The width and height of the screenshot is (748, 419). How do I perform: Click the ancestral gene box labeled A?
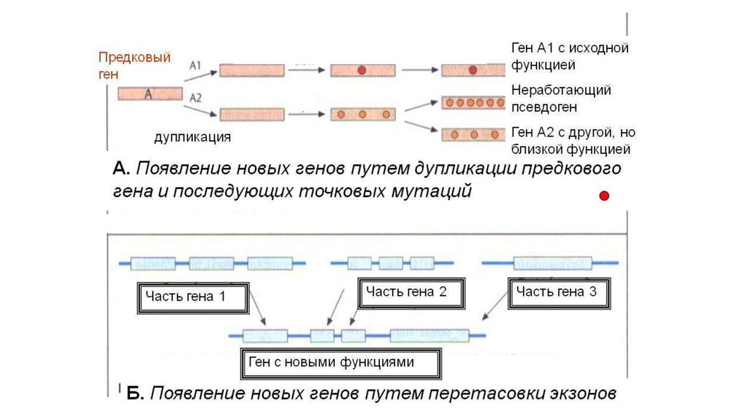coord(149,93)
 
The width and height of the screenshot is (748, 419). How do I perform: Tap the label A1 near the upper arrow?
coord(196,65)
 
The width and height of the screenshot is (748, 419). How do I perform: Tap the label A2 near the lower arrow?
coord(196,97)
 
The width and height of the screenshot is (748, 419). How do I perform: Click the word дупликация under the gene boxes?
coord(193,137)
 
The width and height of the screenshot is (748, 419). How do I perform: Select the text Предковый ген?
coord(134,65)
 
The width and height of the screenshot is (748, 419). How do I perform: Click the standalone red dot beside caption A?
coord(604,196)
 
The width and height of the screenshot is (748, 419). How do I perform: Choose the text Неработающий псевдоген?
coord(561,99)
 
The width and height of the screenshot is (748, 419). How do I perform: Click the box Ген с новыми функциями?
coord(340,362)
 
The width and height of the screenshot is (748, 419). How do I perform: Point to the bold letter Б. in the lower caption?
coord(134,393)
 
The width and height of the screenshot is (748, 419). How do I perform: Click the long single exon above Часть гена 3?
coord(552,263)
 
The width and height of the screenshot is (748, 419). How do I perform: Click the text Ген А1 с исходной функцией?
coord(570,57)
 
